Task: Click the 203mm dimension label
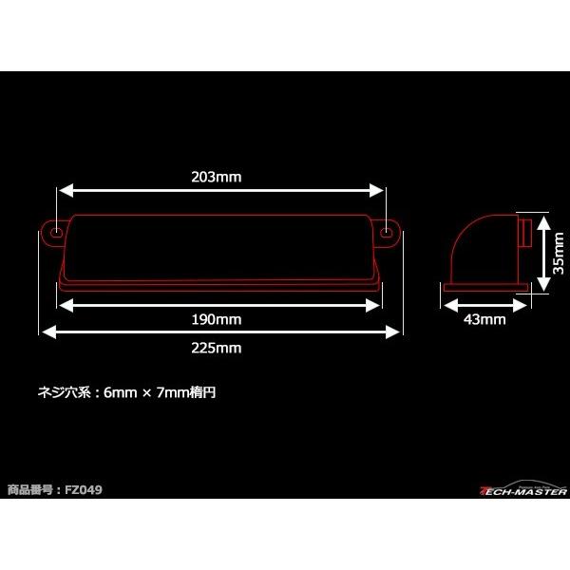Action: point(221,177)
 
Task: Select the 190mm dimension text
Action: point(221,318)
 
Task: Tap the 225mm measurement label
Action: point(221,348)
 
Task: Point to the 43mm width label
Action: point(484,319)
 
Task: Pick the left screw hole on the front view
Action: point(57,232)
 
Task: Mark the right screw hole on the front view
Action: point(387,232)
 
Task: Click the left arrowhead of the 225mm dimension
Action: point(45,332)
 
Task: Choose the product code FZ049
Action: point(85,490)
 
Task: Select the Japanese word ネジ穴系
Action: point(59,390)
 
